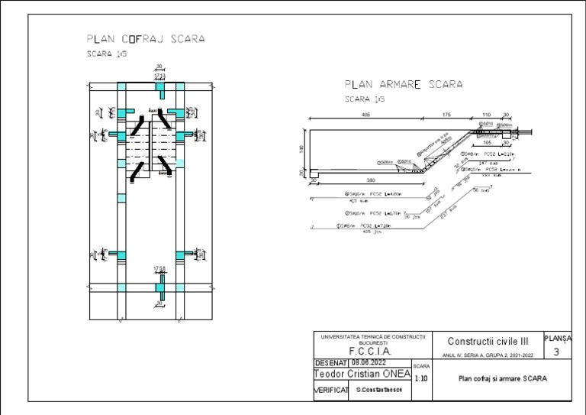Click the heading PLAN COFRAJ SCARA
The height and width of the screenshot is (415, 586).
coord(146,38)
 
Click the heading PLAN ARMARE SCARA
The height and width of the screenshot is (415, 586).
coord(404,85)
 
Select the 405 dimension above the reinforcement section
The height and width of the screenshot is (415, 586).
coord(366,114)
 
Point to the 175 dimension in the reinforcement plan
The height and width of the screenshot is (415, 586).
coord(446,114)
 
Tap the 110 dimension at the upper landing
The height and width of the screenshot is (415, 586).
coord(485,114)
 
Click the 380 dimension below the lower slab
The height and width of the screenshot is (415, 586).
coord(371,180)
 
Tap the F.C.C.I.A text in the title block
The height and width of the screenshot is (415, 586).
coord(369,352)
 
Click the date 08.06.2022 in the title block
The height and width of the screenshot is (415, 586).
coord(369,363)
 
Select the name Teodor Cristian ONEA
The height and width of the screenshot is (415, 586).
coord(362,374)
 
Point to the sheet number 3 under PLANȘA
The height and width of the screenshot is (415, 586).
coord(556,352)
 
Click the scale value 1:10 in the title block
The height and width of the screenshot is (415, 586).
coord(420,378)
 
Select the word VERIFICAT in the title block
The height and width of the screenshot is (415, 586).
coord(331,391)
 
